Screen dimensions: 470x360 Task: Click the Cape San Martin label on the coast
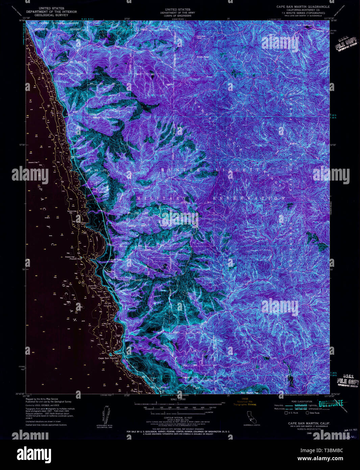click(x=108, y=358)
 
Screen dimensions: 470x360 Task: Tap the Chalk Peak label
click(x=203, y=57)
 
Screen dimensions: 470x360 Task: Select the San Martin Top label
click(x=249, y=393)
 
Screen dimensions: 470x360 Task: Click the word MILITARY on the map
click(x=162, y=198)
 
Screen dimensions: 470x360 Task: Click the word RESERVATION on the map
click(x=248, y=198)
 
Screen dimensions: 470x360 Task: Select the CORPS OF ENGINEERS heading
click(x=177, y=16)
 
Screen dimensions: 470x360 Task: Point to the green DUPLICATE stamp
click(x=331, y=403)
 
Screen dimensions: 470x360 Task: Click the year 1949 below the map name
click(x=309, y=433)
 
